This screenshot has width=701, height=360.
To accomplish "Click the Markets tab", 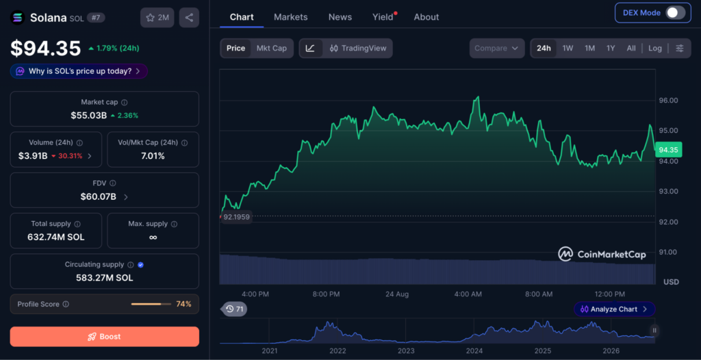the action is (290, 17).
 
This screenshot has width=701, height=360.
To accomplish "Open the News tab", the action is (340, 17).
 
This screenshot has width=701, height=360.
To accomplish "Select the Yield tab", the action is (384, 17).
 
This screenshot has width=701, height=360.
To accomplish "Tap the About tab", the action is (426, 17).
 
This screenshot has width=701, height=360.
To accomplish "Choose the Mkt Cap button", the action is (271, 49).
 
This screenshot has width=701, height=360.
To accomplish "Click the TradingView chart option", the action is (358, 49).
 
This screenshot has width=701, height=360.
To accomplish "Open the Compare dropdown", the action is (497, 49).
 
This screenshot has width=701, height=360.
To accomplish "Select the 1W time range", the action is (568, 49).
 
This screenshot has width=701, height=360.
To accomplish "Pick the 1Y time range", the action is (611, 49).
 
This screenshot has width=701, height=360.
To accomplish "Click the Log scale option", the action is (655, 49).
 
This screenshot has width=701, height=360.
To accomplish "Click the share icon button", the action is (189, 17).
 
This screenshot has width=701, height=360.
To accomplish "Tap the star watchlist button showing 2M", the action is (157, 17).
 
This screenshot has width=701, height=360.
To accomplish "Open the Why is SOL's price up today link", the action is (79, 71).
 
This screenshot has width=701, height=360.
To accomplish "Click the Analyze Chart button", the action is (614, 309).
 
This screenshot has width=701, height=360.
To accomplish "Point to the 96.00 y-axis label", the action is (668, 100).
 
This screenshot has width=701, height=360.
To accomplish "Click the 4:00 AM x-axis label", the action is (468, 294).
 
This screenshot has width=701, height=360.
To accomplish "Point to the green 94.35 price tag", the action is (669, 150).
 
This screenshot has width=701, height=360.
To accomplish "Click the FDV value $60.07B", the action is (98, 196).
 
